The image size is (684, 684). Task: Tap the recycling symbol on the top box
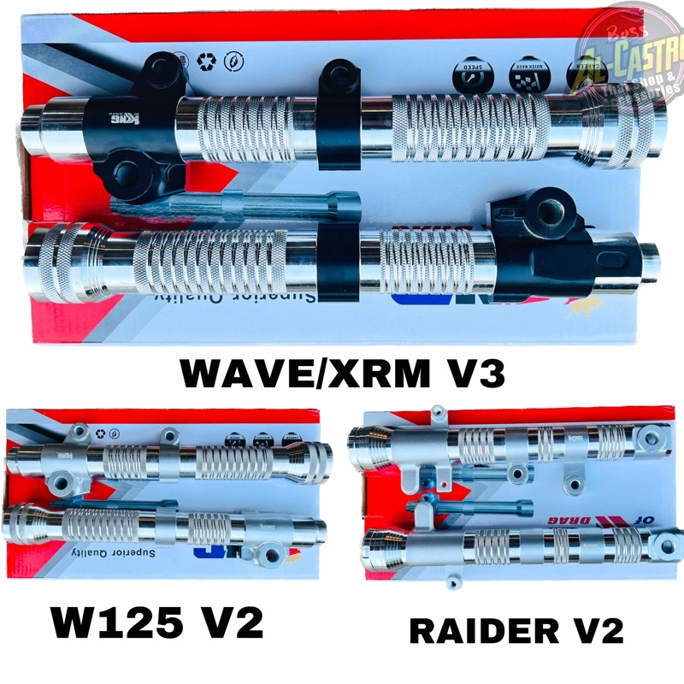(x=204, y=62)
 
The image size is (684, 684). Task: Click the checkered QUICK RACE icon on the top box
(x=519, y=79)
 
